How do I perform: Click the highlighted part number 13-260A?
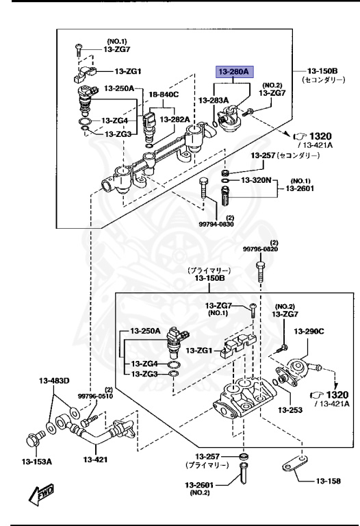tap(234, 71)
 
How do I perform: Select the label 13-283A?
tap(214, 100)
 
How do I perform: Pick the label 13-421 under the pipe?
tap(101, 460)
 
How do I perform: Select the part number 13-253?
tap(288, 410)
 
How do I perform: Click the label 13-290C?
tap(309, 331)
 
